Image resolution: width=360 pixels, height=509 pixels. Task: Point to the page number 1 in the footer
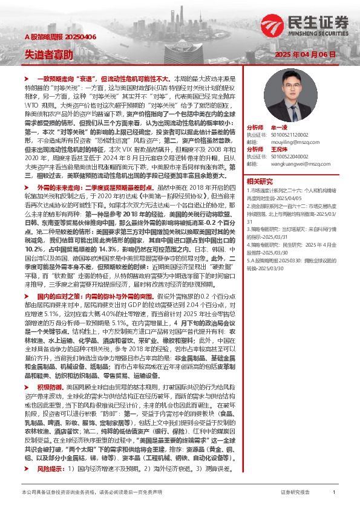(334, 492)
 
